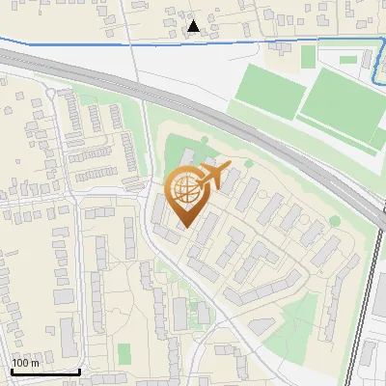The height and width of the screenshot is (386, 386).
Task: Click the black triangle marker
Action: click(x=194, y=26)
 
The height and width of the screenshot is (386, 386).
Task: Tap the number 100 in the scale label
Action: click(x=21, y=364)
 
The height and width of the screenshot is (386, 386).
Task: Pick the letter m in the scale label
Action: click(x=36, y=364)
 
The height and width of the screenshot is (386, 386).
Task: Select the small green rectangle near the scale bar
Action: click(x=124, y=352)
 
